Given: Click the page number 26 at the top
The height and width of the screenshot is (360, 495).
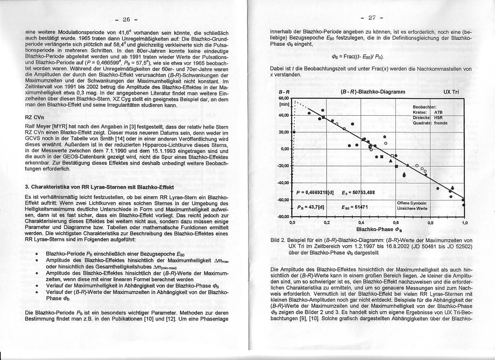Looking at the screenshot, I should coord(126,19).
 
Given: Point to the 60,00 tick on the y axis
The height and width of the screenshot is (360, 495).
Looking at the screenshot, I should coord(284,97).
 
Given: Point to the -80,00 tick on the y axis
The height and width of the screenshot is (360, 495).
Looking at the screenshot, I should coord(283,216).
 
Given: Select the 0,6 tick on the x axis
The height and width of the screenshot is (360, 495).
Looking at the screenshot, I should coord(396,222).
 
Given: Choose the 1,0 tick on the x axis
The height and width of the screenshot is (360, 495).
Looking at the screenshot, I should coord(465,222).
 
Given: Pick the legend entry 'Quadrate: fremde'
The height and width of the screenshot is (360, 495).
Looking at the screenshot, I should coord(430,123).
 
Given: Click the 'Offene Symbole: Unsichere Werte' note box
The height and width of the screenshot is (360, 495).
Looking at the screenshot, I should coord(412,206).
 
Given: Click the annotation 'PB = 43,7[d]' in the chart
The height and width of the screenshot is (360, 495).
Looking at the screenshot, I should coord(310,207).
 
